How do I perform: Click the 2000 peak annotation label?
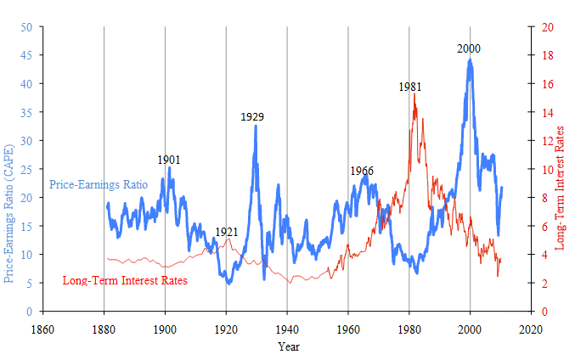[469, 48]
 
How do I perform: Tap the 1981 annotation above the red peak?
[410, 87]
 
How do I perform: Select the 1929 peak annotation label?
[252, 116]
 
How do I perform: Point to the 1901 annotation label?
[169, 160]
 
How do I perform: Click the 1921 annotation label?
[226, 232]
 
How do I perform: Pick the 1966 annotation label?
[362, 171]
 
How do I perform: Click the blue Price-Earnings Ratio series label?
[99, 184]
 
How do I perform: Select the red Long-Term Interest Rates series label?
[125, 280]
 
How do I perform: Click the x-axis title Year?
[287, 346]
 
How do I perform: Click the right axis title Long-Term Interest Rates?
[561, 187]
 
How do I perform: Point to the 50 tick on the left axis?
[26, 27]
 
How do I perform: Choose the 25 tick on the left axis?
[26, 169]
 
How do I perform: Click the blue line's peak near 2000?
[470, 60]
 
